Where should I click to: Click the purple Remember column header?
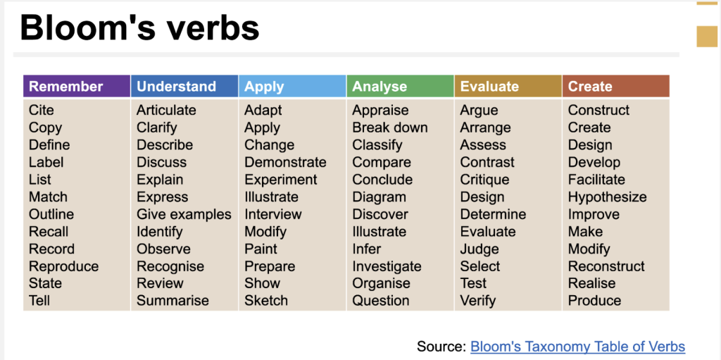pyautogui.click(x=77, y=86)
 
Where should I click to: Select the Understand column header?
pyautogui.click(x=184, y=86)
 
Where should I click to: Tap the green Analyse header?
pyautogui.click(x=400, y=86)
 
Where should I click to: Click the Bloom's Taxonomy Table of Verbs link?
pyautogui.click(x=577, y=346)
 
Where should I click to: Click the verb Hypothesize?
pyautogui.click(x=607, y=197)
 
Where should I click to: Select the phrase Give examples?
pyautogui.click(x=184, y=215)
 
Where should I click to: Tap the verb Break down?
pyautogui.click(x=390, y=128)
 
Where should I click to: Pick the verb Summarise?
pyautogui.click(x=173, y=301)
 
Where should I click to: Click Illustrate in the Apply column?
pyautogui.click(x=271, y=197)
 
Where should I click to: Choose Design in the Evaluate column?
pyautogui.click(x=482, y=197)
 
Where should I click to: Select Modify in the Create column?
pyautogui.click(x=589, y=249)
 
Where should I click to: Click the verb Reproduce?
pyautogui.click(x=63, y=266)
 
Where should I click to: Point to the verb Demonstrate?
pyautogui.click(x=285, y=163)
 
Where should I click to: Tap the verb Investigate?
pyautogui.click(x=387, y=266)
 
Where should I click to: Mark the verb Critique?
pyautogui.click(x=484, y=180)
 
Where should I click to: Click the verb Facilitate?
pyautogui.click(x=596, y=180)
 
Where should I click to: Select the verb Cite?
pyautogui.click(x=42, y=111)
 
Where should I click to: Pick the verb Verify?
pyautogui.click(x=478, y=301)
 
